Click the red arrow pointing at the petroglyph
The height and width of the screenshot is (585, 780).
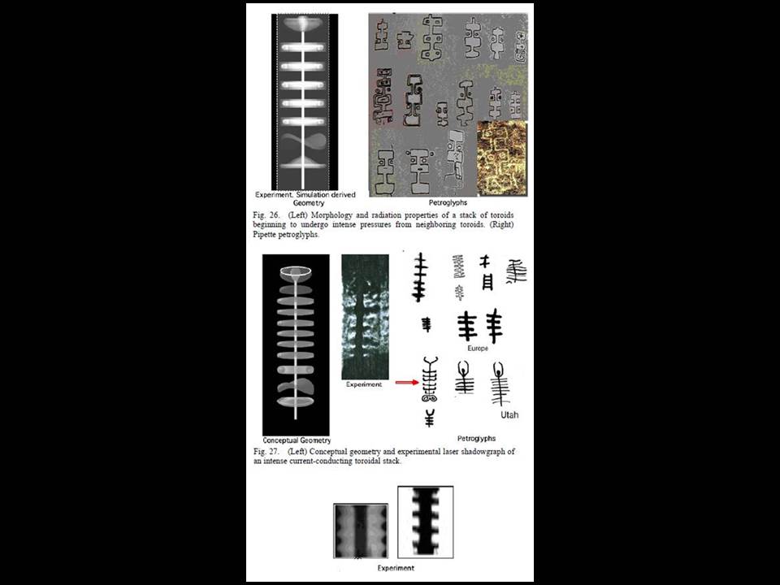(x=407, y=383)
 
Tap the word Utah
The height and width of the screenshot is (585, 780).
(x=509, y=415)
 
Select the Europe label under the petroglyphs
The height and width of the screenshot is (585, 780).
(x=478, y=349)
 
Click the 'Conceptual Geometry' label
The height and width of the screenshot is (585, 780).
(x=297, y=440)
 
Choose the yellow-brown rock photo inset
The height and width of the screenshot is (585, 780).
(x=502, y=158)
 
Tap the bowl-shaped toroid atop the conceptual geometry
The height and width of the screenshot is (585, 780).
(x=296, y=272)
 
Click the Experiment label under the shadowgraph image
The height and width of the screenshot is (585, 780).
(x=364, y=384)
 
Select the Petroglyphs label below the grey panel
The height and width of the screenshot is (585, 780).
(x=448, y=202)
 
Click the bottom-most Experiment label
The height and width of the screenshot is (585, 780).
(x=396, y=568)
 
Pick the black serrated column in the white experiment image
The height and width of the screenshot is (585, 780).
(x=426, y=522)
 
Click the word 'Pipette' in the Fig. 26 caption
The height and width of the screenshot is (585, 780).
(x=265, y=235)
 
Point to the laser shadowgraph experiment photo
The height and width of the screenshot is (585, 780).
(x=365, y=317)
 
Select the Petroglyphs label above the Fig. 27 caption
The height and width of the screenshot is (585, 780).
(x=477, y=438)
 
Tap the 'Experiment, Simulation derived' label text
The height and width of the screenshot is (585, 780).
(x=305, y=195)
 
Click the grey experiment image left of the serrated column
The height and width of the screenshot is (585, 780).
(x=361, y=531)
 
